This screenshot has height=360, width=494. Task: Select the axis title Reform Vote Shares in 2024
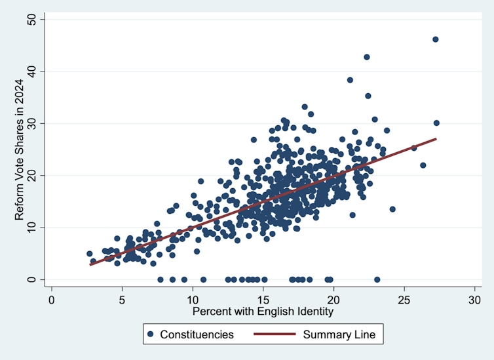point(20,150)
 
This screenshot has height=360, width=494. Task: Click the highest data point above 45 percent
point(435,39)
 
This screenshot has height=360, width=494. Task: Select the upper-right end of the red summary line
point(436,139)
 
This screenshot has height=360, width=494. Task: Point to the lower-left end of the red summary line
point(90,264)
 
